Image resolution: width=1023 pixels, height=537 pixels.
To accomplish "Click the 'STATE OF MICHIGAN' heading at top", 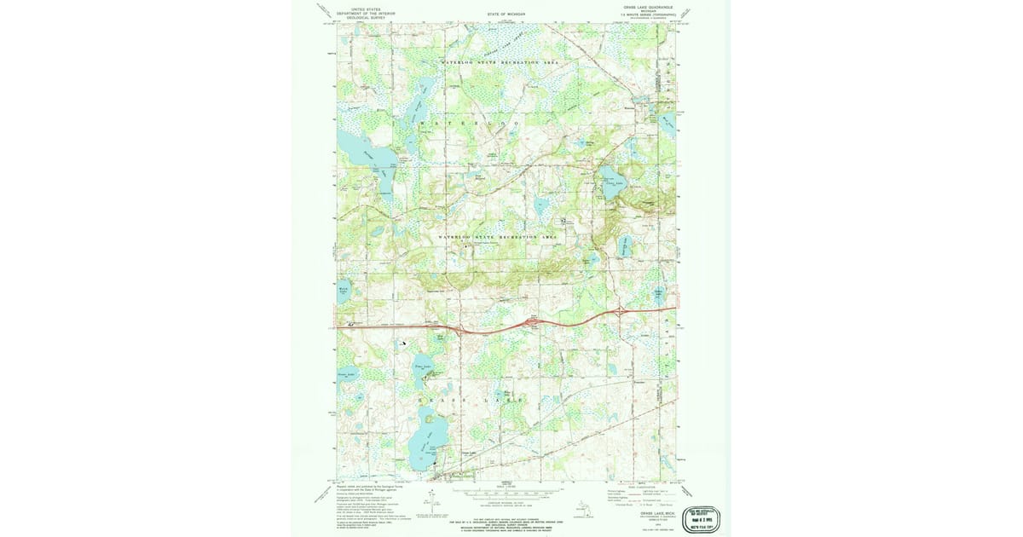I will tap(506, 14).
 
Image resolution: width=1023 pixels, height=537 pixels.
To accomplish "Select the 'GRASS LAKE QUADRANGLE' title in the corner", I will tap(648, 7).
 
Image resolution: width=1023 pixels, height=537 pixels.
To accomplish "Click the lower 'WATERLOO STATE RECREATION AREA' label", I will tap(497, 236).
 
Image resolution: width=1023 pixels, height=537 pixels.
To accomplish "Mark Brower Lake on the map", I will tap(345, 376).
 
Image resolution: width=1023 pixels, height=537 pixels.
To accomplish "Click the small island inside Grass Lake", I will tap(429, 449).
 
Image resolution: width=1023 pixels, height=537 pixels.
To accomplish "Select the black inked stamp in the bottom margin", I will tap(701, 517).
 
